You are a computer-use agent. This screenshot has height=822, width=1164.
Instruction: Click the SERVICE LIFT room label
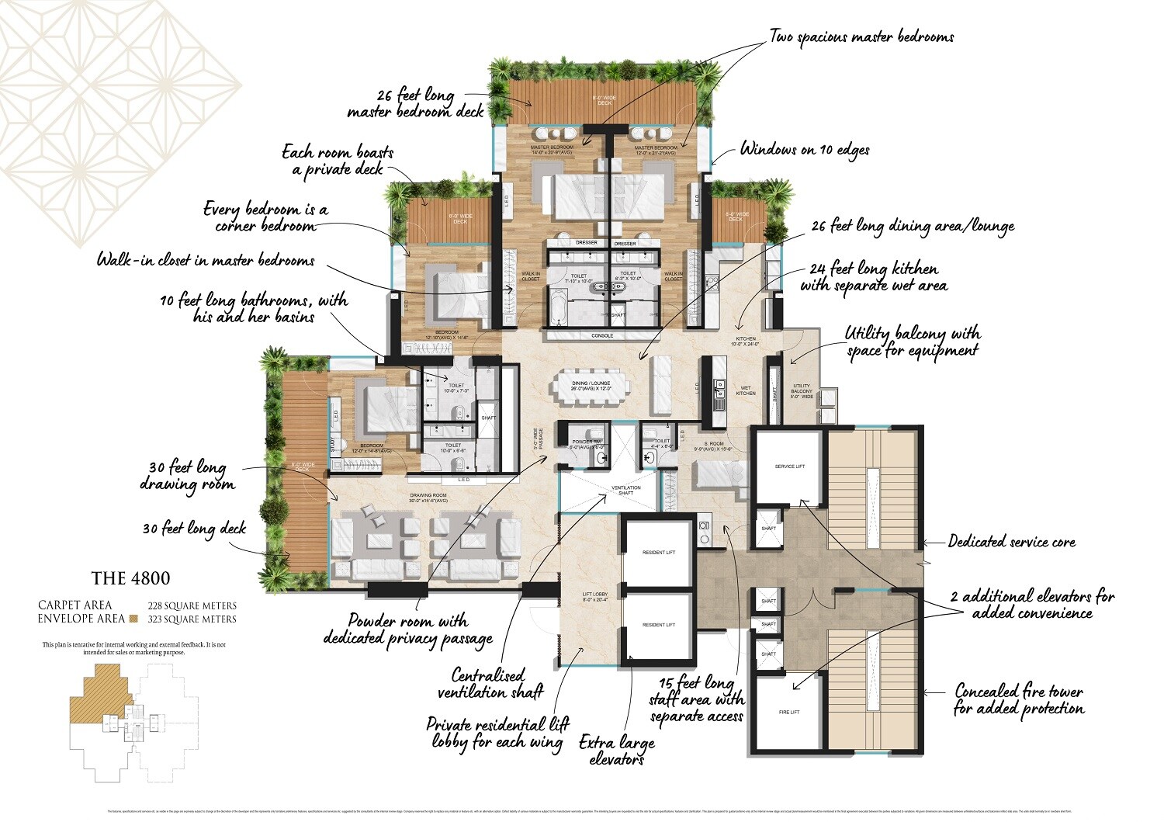pyautogui.click(x=790, y=466)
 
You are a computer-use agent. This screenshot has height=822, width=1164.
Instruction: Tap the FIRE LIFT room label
pyautogui.click(x=788, y=712)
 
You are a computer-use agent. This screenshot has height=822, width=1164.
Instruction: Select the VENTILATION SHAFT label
pyautogui.click(x=625, y=491)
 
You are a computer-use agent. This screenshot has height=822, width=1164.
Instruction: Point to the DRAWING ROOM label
pyautogui.click(x=428, y=498)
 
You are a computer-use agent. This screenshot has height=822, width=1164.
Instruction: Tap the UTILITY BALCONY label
pyautogui.click(x=802, y=391)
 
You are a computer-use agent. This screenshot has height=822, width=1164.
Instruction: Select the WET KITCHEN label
pyautogui.click(x=746, y=390)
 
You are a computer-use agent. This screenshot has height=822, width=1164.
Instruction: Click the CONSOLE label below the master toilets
pyautogui.click(x=602, y=336)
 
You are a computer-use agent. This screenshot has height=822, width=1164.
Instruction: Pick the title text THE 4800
pyautogui.click(x=130, y=578)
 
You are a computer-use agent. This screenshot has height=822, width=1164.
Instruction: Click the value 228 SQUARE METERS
pyautogui.click(x=192, y=605)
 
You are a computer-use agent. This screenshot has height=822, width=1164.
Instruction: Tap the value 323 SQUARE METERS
pyautogui.click(x=192, y=619)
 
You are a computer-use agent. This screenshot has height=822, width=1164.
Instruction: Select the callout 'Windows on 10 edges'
pyautogui.click(x=805, y=149)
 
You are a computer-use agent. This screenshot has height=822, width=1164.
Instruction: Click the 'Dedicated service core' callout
pyautogui.click(x=1011, y=542)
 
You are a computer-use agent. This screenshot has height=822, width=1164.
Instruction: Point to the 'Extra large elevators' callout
pyautogui.click(x=617, y=751)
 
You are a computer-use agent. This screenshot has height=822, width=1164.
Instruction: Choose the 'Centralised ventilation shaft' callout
pyautogui.click(x=490, y=683)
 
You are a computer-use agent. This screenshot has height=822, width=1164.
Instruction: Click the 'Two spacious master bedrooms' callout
pyautogui.click(x=861, y=36)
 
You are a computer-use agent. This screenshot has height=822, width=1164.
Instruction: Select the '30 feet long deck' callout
pyautogui.click(x=194, y=529)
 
